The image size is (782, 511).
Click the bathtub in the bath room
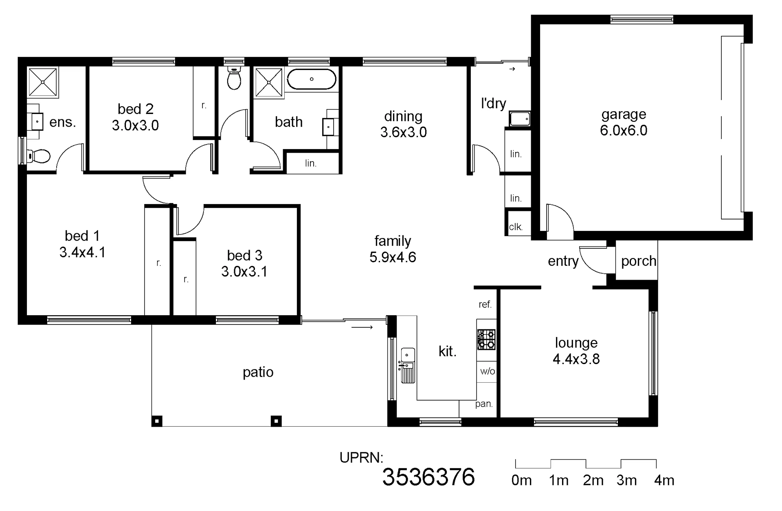click(312, 79)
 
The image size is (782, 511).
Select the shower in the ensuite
click(43, 83)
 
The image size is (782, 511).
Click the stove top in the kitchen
click(486, 340)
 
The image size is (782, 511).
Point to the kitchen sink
click(408, 365)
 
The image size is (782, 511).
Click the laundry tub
click(520, 119)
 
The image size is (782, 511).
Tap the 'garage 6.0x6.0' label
click(624, 122)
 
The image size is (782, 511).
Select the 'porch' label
click(638, 261)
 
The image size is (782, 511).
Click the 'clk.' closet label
click(516, 227)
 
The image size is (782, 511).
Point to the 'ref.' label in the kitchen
click(485, 304)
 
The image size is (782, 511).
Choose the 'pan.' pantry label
click(484, 404)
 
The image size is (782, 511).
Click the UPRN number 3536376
click(428, 477)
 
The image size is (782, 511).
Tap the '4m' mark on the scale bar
click(664, 480)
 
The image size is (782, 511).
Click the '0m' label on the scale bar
click(521, 480)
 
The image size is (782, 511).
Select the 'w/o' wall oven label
click(488, 371)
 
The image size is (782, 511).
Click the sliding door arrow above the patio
click(362, 327)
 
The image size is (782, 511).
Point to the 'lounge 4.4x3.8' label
click(576, 351)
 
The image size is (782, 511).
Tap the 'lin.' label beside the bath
click(311, 163)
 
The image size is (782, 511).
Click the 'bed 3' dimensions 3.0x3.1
click(244, 271)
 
